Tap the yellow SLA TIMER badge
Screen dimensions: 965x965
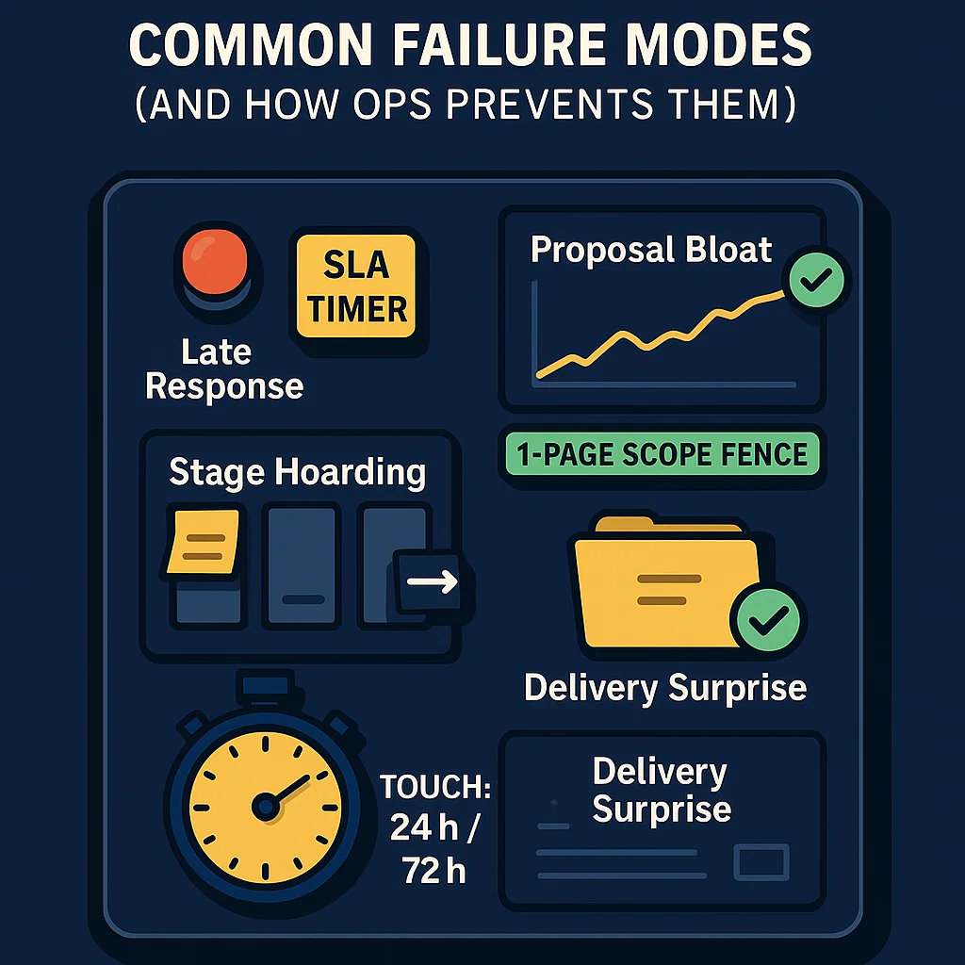coord(356,286)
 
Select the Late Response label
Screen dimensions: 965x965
coord(224,368)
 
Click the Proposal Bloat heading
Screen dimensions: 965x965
coord(651,250)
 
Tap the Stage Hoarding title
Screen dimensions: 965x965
coord(297,472)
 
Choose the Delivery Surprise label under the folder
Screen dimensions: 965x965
coord(665,687)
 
